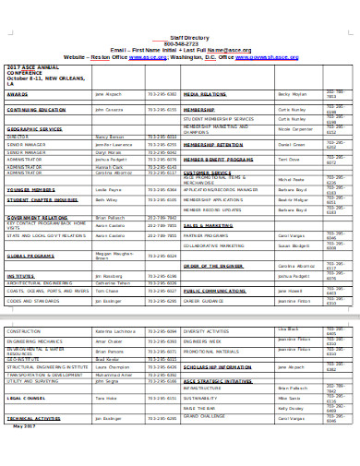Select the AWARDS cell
tap(18, 95)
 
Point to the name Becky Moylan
tap(291, 95)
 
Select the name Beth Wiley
tap(106, 199)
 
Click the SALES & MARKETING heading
tap(206, 225)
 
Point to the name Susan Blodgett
tap(294, 246)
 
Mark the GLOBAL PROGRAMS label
tap(30, 254)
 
